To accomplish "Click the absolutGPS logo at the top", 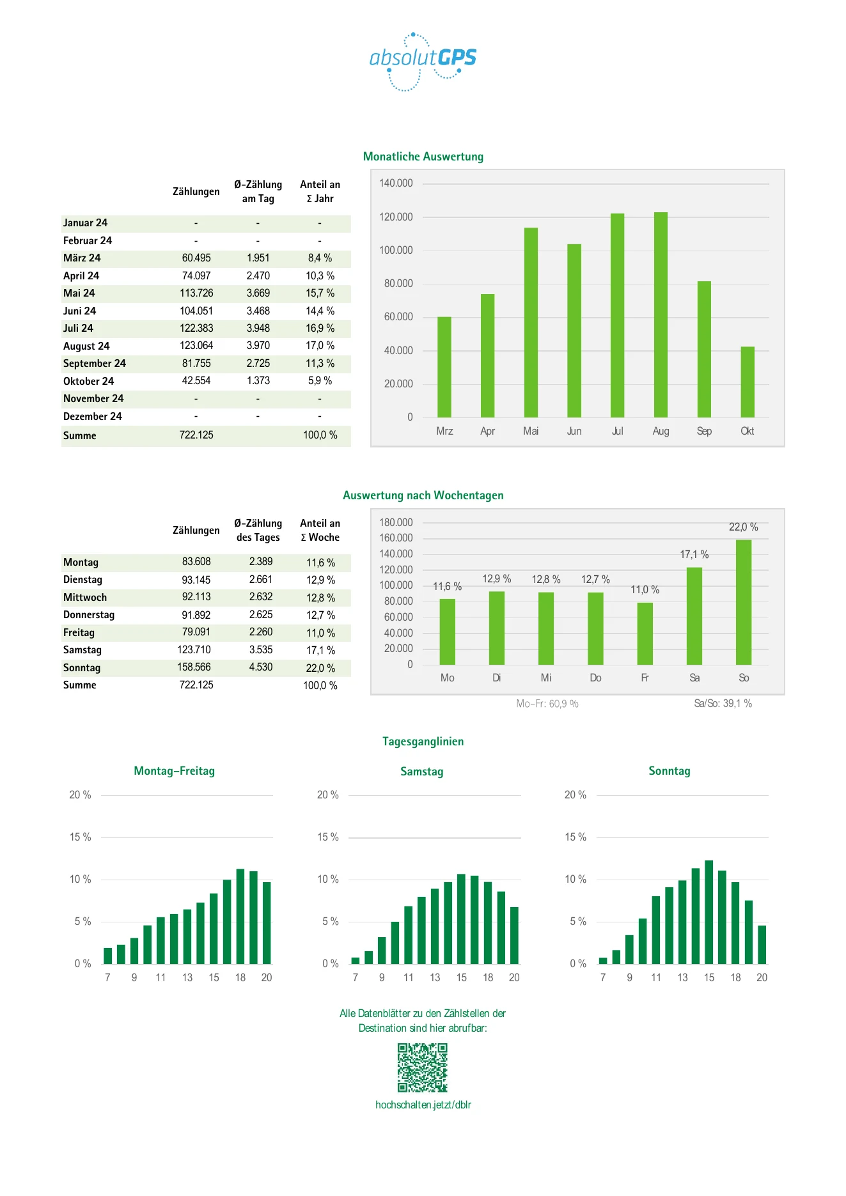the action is pos(423,61).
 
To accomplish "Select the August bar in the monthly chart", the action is pos(661,315).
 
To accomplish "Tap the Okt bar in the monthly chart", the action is pos(748,382).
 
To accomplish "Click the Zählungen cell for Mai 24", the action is pos(196,293).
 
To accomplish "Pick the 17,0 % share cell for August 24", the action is pos(320,346).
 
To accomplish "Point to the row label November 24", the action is pos(93,399).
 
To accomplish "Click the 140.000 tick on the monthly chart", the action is pos(396,183).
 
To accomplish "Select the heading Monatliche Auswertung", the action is pos(423,157).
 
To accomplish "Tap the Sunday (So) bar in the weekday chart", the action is pos(744,602).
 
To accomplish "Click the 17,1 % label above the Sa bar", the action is pos(694,555).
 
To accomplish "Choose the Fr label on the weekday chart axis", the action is pos(645,678).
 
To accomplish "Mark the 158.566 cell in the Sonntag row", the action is pos(194,667).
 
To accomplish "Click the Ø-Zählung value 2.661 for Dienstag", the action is pos(261,580).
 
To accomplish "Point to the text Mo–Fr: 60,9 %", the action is pos(547,704).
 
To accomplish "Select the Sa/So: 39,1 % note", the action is pos(723,704).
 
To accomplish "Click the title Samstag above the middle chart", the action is pos(422,772).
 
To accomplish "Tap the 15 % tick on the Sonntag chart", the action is pos(576,837).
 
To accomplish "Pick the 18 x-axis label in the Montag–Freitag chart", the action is pos(240,978).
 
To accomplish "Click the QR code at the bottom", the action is pos(423,1068).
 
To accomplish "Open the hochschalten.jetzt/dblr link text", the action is pos(423,1105).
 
